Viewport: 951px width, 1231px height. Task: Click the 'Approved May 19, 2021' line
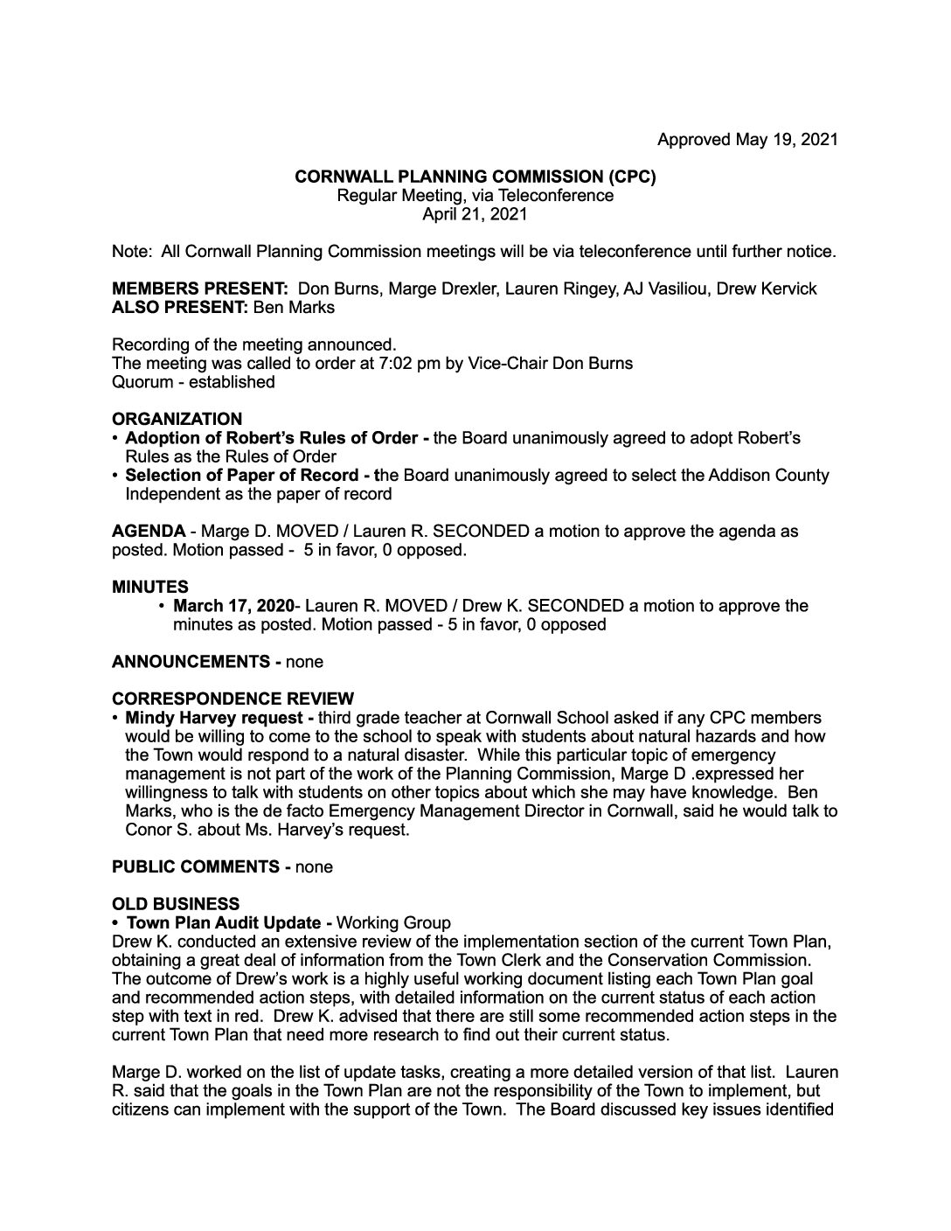coord(747,139)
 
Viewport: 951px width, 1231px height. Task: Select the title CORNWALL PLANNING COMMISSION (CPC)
coord(475,177)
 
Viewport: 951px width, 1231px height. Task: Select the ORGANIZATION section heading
coord(177,419)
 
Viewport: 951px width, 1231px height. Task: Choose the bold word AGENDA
coord(149,532)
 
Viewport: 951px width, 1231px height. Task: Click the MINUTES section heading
coord(149,587)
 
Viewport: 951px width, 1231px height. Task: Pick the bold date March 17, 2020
coord(233,606)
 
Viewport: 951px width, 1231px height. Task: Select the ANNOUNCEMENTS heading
coord(190,662)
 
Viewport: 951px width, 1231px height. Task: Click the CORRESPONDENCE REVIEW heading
coord(233,699)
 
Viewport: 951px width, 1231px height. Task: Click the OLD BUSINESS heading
coord(175,904)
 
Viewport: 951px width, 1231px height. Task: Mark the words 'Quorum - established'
coord(193,382)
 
